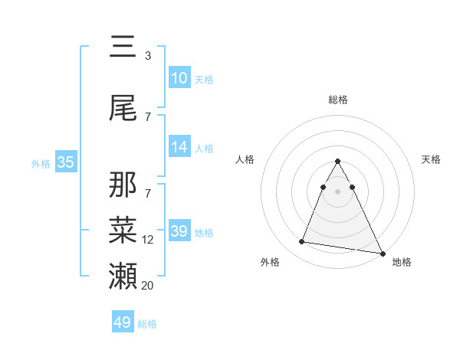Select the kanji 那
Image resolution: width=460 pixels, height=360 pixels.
[x=123, y=185]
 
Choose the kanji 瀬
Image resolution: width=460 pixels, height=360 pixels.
[x=123, y=274]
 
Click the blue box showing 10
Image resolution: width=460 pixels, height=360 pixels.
[x=179, y=78]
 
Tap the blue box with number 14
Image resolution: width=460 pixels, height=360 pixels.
[x=179, y=147]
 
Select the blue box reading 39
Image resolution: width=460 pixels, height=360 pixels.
[x=179, y=231]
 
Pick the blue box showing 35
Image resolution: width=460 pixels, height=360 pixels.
[x=66, y=162]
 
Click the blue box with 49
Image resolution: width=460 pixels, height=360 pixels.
[x=122, y=322]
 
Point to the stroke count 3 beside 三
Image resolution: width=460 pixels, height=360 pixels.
[x=148, y=56]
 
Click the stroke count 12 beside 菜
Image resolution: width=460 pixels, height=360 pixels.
[x=148, y=240]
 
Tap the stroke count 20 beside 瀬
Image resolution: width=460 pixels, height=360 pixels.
[x=148, y=285]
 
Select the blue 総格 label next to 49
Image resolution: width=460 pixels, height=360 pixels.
[x=147, y=324]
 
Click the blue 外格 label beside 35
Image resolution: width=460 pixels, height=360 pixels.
[x=41, y=163]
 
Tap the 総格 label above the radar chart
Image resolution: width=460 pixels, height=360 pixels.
[x=337, y=100]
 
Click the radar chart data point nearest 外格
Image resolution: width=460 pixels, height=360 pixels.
[x=301, y=242]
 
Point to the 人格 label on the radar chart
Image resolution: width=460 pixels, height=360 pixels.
[x=245, y=159]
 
